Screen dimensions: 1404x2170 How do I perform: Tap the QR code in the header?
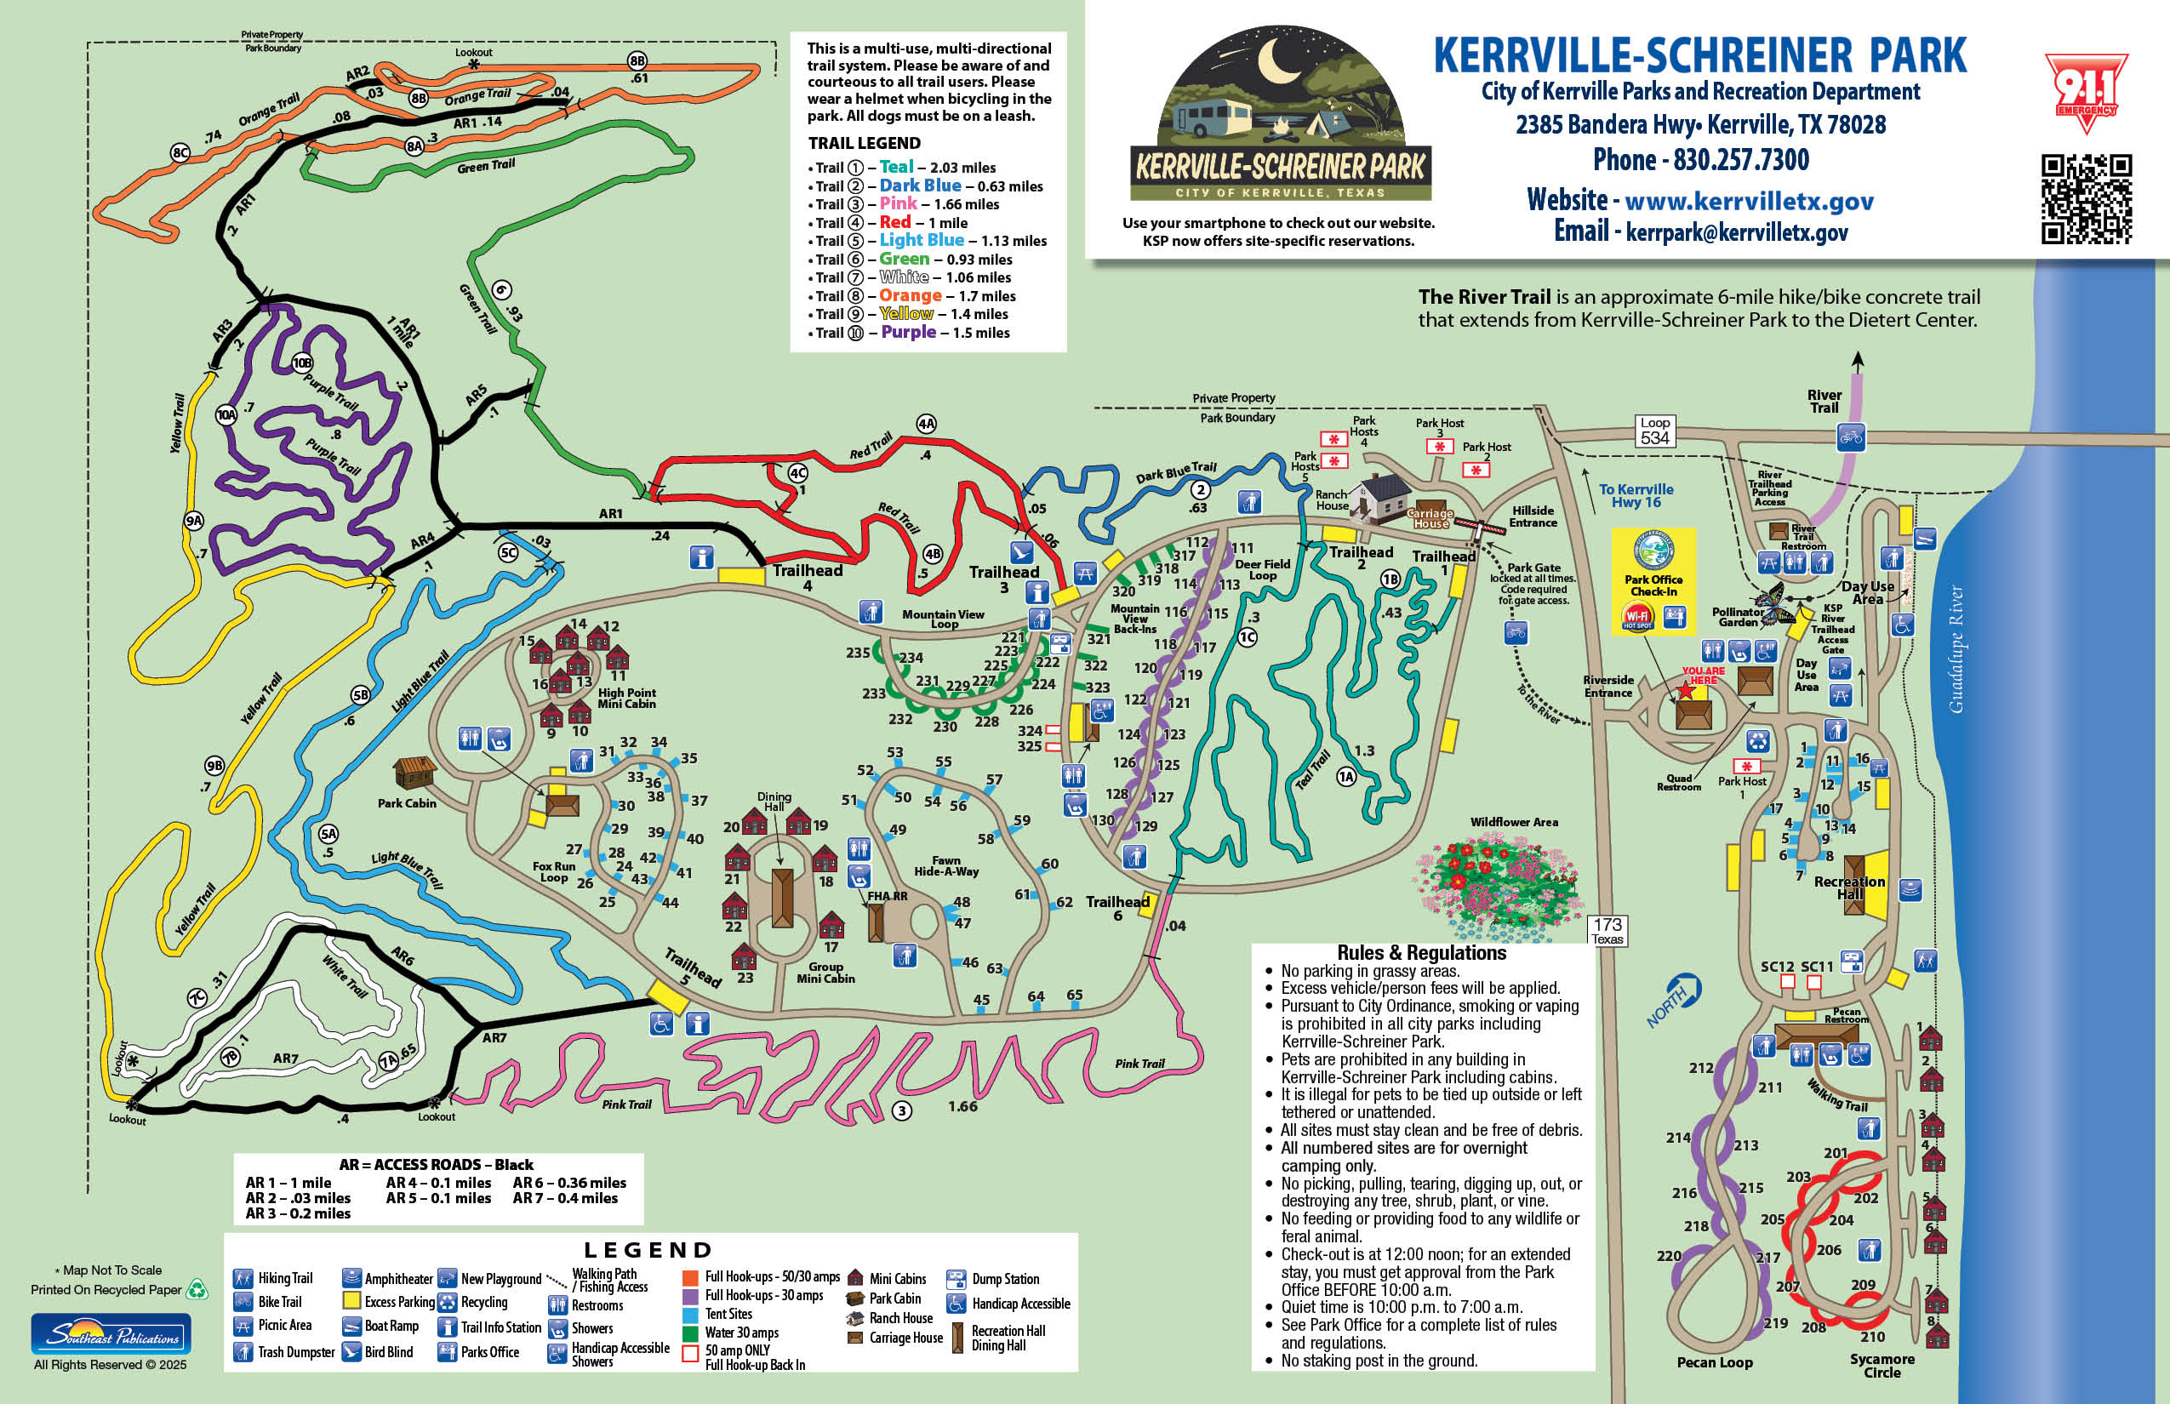[x=2085, y=199]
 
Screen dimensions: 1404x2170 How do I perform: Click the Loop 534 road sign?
[x=1654, y=431]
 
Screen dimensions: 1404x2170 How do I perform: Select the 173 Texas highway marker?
[x=1607, y=931]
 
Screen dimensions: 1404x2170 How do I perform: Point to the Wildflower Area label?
[x=1514, y=822]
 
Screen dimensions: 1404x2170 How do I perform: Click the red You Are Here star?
[x=1687, y=692]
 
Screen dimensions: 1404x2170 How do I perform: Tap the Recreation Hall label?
[x=1849, y=887]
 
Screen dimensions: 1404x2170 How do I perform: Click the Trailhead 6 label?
[x=1116, y=908]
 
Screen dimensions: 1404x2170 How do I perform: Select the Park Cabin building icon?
[x=414, y=773]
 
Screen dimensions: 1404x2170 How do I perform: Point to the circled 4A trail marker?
[x=927, y=424]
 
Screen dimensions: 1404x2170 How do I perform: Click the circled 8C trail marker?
[x=180, y=152]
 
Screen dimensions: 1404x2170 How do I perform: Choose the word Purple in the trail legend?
[x=908, y=332]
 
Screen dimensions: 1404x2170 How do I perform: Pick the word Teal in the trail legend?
[x=896, y=167]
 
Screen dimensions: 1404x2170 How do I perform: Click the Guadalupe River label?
[x=1956, y=649]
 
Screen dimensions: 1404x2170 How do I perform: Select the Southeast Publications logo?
[x=111, y=1334]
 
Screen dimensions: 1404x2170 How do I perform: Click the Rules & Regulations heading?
[x=1421, y=953]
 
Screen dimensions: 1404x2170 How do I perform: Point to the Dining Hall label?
[x=774, y=802]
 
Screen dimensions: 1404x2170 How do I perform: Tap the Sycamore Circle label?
[x=1881, y=1365]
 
